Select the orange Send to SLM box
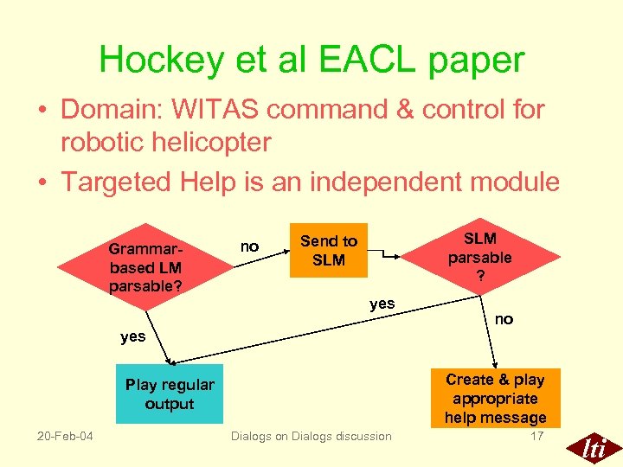pyautogui.click(x=328, y=251)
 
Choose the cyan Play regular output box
pyautogui.click(x=170, y=394)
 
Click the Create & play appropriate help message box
pyautogui.click(x=495, y=398)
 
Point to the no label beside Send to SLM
pyautogui.click(x=249, y=247)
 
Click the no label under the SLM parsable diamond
pyautogui.click(x=504, y=319)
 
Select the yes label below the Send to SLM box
pyautogui.click(x=382, y=304)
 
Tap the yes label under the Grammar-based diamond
pyautogui.click(x=133, y=336)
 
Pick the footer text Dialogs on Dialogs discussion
pyautogui.click(x=311, y=437)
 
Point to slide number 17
pyautogui.click(x=536, y=436)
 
